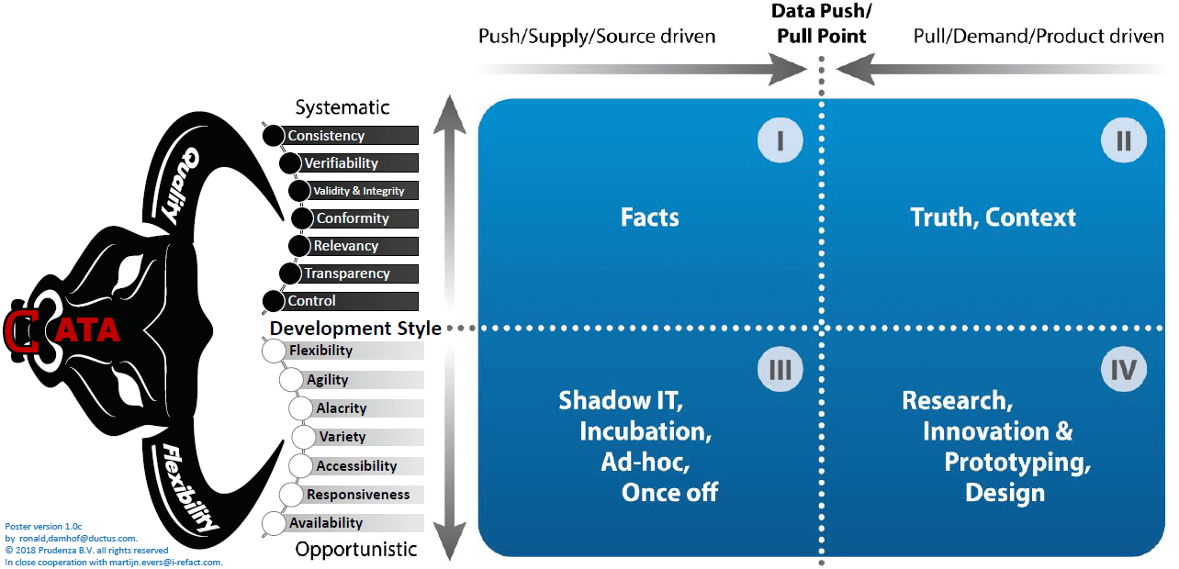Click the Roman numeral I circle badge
(x=780, y=141)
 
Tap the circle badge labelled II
(x=1124, y=141)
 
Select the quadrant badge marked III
(x=780, y=370)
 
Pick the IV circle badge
(x=1124, y=370)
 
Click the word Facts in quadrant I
(x=650, y=218)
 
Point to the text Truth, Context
(x=993, y=218)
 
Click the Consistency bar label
(x=326, y=136)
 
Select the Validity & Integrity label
(x=359, y=191)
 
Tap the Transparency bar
(x=347, y=273)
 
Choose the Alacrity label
(x=342, y=408)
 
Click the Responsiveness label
(x=358, y=495)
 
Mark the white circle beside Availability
(x=274, y=523)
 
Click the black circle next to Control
(x=274, y=301)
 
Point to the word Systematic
(x=342, y=107)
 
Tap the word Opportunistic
(x=356, y=550)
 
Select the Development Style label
(x=355, y=329)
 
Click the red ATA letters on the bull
(x=87, y=329)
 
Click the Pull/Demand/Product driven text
(x=1039, y=37)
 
